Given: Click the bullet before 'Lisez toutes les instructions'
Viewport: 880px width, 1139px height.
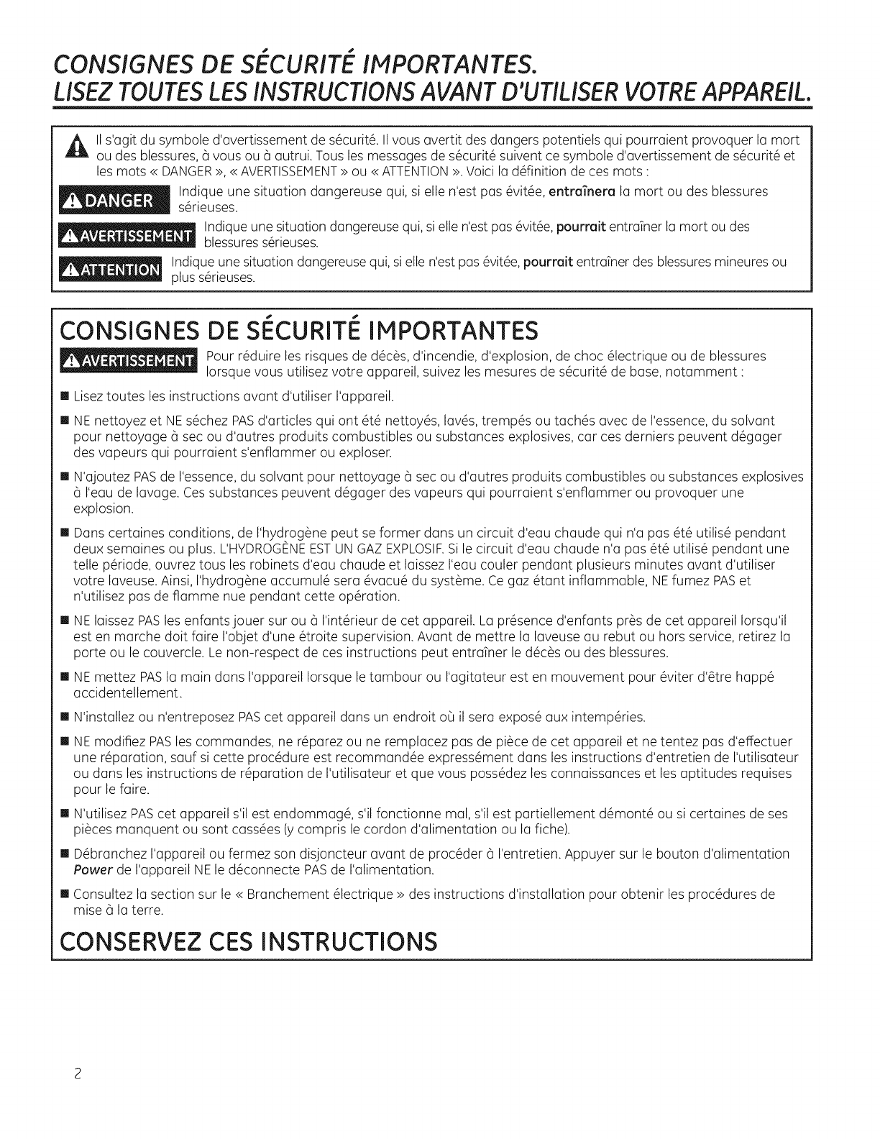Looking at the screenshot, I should point(65,396).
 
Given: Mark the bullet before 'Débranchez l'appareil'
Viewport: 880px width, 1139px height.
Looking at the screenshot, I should point(65,854).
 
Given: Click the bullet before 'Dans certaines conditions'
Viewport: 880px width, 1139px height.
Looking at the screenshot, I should point(65,534).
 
